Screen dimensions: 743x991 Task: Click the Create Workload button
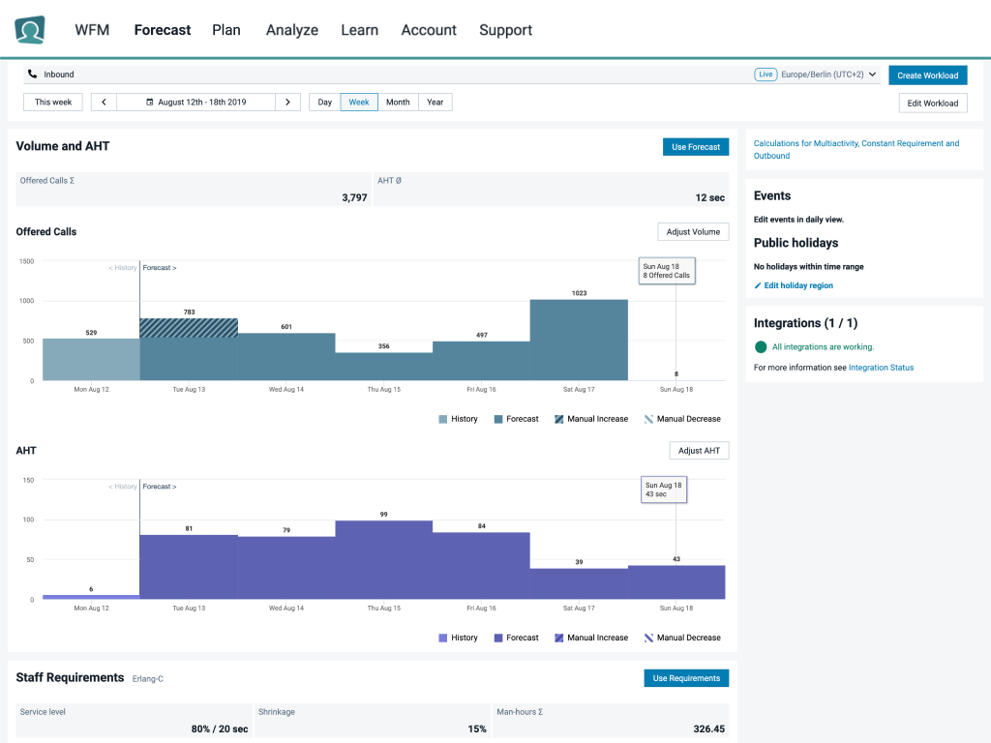coord(927,75)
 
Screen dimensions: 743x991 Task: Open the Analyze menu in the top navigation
coord(292,30)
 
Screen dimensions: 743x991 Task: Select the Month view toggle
coord(398,102)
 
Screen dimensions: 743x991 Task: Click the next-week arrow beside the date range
coord(287,102)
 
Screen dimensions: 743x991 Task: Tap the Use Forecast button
coord(696,147)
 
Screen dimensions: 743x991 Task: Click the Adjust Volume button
coord(693,232)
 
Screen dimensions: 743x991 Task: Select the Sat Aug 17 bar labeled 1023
coord(579,340)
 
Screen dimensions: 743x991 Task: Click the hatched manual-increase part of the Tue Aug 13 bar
coord(189,328)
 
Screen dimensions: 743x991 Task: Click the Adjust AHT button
coord(699,451)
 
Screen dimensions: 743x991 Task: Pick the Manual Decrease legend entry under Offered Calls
coord(682,419)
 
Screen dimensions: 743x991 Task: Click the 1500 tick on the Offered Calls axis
coord(26,261)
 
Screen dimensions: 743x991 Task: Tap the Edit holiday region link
coord(798,285)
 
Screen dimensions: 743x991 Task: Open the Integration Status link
coord(881,368)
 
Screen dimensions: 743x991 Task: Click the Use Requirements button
coord(686,678)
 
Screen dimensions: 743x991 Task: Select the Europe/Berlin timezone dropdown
coord(827,74)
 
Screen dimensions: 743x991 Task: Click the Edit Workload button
coord(932,103)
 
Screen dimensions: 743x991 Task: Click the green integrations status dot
coord(761,346)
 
